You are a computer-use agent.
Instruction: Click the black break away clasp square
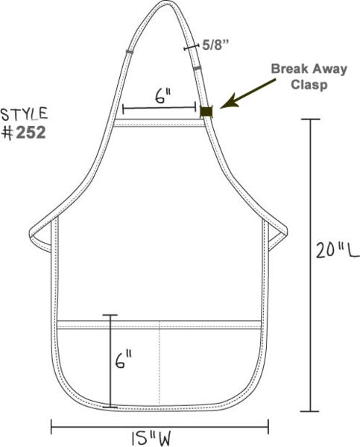pyautogui.click(x=206, y=112)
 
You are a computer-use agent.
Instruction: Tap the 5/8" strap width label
pyautogui.click(x=215, y=45)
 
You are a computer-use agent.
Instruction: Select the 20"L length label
pyautogui.click(x=338, y=250)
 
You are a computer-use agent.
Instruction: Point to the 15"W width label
pyautogui.click(x=151, y=438)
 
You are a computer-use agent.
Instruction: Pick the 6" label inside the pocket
pyautogui.click(x=124, y=360)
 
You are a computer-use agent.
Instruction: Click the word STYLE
pyautogui.click(x=24, y=114)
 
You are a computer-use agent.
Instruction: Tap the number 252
pyautogui.click(x=31, y=133)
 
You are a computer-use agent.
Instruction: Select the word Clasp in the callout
pyautogui.click(x=309, y=84)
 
